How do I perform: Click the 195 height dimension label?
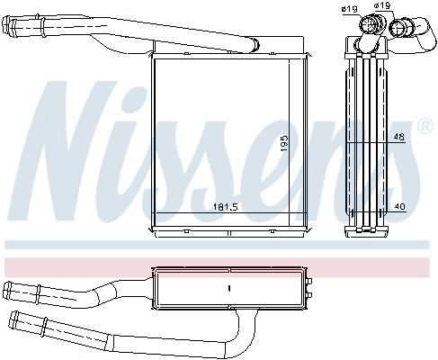(x=284, y=143)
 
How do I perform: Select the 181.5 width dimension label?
(x=225, y=207)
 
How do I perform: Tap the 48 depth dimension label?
(x=398, y=137)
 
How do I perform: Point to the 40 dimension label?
(x=399, y=206)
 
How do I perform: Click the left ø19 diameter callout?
(x=349, y=9)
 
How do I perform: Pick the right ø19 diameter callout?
(x=381, y=5)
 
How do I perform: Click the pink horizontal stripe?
(x=217, y=268)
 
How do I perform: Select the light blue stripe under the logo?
(x=217, y=245)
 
